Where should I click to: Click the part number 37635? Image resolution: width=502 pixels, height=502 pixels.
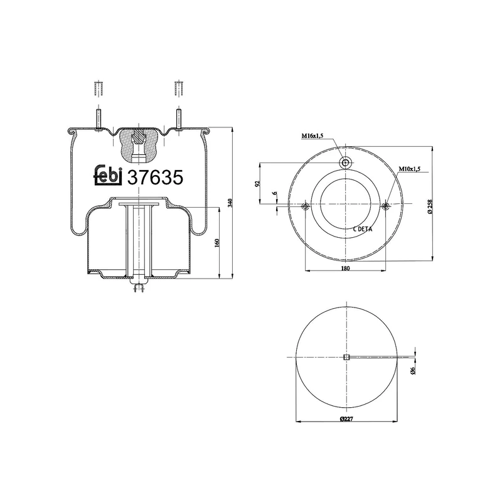click(x=155, y=178)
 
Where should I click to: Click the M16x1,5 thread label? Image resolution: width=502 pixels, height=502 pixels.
click(x=312, y=136)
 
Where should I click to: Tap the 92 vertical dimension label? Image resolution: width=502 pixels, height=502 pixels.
click(x=257, y=184)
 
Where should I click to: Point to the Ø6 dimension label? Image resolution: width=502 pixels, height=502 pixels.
click(x=414, y=371)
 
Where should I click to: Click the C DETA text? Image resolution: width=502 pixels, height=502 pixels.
click(x=362, y=229)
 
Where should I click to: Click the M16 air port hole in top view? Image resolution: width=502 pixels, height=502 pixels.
click(x=345, y=163)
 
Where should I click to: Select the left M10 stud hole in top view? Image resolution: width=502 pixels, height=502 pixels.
click(x=305, y=206)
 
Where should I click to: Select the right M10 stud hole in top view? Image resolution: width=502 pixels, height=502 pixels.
click(x=385, y=206)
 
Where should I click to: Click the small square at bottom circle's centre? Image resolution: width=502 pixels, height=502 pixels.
click(x=345, y=358)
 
